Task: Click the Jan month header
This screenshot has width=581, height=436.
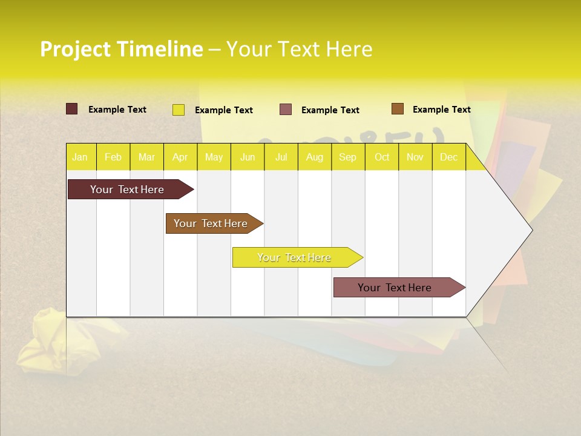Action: click(80, 157)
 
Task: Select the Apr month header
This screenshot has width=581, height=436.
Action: click(180, 157)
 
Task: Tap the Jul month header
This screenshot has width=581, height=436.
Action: click(281, 157)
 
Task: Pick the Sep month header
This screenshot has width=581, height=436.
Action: click(347, 157)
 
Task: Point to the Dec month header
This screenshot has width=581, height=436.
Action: click(448, 157)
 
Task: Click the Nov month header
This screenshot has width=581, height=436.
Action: click(415, 157)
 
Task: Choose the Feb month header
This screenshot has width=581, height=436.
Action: click(113, 157)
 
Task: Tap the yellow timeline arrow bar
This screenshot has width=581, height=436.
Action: click(295, 257)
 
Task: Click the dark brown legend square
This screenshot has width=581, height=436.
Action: click(72, 109)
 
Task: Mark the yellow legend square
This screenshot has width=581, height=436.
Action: click(179, 110)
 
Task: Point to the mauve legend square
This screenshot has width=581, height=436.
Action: click(286, 110)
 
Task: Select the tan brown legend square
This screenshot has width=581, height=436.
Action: click(398, 109)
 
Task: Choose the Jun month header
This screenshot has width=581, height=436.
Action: click(248, 157)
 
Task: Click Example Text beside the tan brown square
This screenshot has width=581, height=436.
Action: click(441, 110)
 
